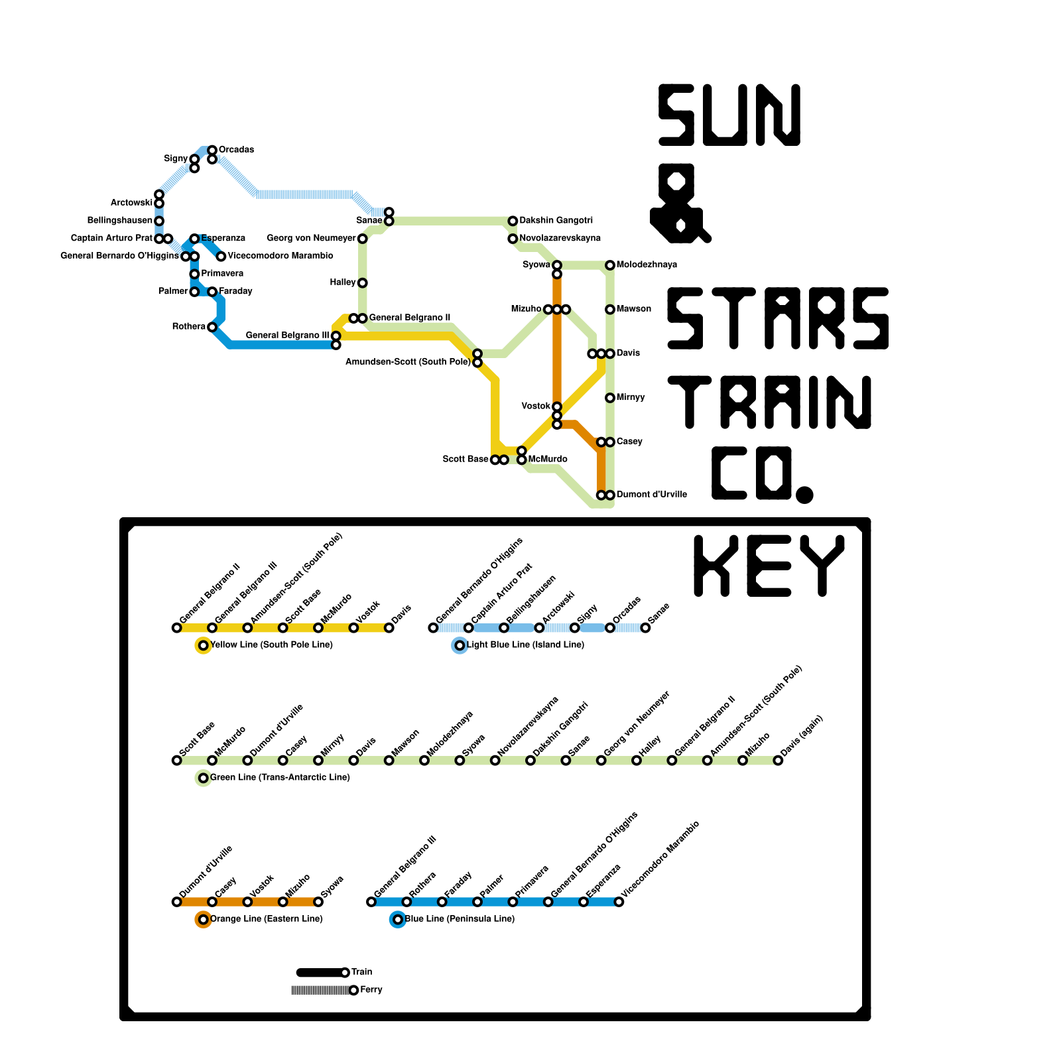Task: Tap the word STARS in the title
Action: click(x=777, y=318)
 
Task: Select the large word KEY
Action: click(x=769, y=566)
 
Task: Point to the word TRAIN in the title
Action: click(x=769, y=402)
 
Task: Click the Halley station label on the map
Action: click(x=343, y=282)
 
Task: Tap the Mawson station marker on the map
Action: click(x=610, y=310)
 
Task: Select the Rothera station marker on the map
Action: click(x=212, y=327)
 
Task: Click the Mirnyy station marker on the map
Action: click(x=610, y=398)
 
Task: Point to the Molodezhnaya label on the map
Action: click(x=647, y=265)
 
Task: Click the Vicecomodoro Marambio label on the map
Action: click(x=281, y=256)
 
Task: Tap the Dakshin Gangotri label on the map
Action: click(x=556, y=221)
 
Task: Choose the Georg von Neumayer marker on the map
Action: click(x=363, y=239)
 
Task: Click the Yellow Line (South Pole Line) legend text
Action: click(x=271, y=645)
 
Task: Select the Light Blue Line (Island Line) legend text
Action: click(x=525, y=645)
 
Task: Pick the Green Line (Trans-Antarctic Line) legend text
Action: click(x=280, y=778)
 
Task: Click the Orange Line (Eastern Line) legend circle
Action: click(x=204, y=920)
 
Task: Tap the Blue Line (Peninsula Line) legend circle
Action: click(x=398, y=920)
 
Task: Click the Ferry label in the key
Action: click(x=371, y=990)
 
